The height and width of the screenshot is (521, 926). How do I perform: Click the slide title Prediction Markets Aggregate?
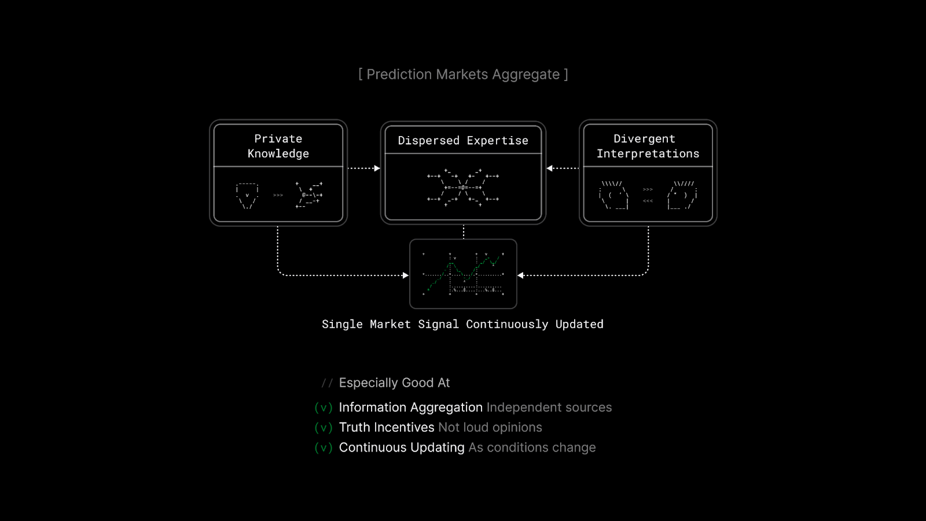(x=463, y=75)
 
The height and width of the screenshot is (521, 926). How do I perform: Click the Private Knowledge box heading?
(x=278, y=146)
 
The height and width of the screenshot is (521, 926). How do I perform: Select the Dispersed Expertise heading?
(x=463, y=141)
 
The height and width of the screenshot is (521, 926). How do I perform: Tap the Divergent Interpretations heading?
(x=648, y=146)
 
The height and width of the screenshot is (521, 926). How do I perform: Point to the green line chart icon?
(x=463, y=273)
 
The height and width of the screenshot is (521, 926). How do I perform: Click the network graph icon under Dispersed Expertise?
(x=463, y=188)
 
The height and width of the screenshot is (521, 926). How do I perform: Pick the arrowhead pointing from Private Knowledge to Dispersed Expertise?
(x=377, y=168)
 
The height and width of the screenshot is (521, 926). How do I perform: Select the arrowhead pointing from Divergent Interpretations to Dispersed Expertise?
(x=549, y=168)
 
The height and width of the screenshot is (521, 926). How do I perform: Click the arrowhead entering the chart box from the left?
(x=406, y=276)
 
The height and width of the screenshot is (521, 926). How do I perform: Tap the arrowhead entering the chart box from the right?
(x=520, y=276)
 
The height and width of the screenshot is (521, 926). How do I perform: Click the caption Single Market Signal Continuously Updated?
(x=462, y=324)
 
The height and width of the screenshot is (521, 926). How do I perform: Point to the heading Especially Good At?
(x=394, y=383)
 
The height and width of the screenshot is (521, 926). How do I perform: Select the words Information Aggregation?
(x=410, y=408)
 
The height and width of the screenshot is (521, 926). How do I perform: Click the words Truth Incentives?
(x=386, y=427)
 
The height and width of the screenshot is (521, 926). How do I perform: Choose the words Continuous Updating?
(x=402, y=447)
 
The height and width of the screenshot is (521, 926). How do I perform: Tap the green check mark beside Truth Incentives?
(x=323, y=428)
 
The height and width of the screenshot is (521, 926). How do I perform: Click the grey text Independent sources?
(x=549, y=408)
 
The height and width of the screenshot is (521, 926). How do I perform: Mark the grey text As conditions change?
(x=532, y=447)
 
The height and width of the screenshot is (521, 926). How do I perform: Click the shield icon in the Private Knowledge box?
(x=247, y=195)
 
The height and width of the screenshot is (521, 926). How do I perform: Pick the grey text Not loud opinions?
(x=490, y=427)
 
